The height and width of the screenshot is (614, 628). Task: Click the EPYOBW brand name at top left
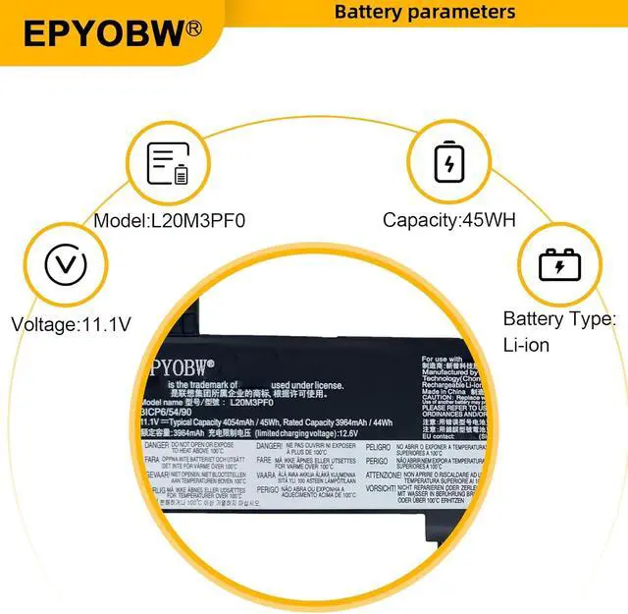point(103,32)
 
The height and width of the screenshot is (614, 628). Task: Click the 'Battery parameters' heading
point(424,12)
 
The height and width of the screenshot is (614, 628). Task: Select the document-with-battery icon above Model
point(168,163)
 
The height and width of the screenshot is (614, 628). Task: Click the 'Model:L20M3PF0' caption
point(169,220)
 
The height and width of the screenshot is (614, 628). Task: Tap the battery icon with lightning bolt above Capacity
point(448,162)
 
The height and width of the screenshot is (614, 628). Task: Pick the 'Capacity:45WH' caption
point(448,220)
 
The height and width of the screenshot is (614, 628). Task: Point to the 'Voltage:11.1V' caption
point(70,322)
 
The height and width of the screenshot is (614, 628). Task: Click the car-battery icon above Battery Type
point(559,265)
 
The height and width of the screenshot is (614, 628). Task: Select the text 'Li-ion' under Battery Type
point(526,345)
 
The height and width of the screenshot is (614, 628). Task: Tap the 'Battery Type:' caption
point(559,319)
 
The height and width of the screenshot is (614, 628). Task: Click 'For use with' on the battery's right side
point(443,360)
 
